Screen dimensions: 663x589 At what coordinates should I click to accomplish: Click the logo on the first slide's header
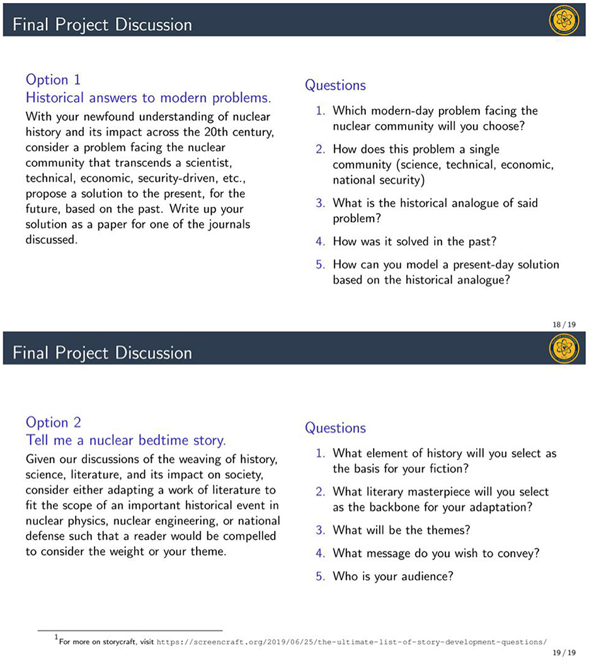[564, 21]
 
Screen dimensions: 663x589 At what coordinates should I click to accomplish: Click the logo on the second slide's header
[564, 349]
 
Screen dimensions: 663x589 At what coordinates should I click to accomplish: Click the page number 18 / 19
[567, 325]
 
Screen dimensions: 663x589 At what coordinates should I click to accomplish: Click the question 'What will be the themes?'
[402, 529]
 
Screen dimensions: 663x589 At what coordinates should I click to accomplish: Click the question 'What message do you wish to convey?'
[437, 553]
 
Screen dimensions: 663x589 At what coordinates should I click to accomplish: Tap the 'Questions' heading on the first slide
[335, 86]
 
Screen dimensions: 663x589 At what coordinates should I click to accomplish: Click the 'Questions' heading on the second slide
[335, 429]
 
